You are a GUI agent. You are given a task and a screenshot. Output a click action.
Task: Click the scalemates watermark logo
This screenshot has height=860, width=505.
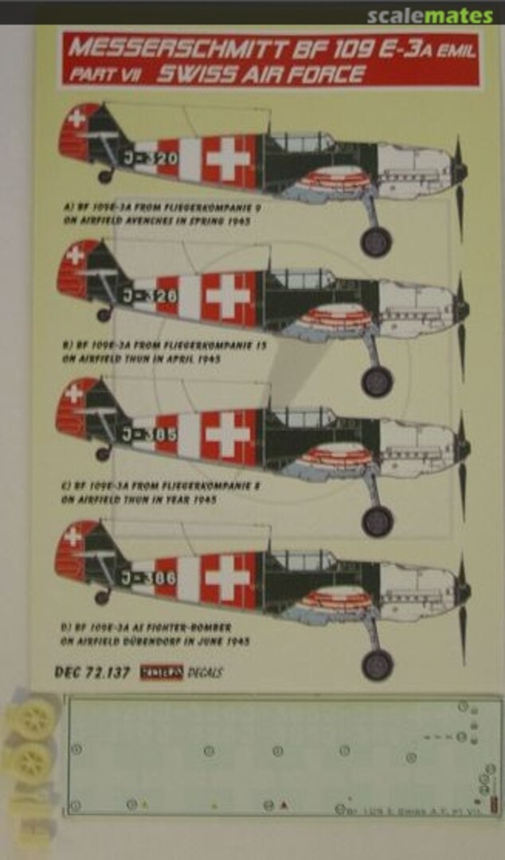(430, 16)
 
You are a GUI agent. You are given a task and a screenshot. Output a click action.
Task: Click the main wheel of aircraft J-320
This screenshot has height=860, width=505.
(375, 241)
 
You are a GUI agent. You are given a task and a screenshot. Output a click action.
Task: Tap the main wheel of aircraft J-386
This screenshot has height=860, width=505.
(378, 664)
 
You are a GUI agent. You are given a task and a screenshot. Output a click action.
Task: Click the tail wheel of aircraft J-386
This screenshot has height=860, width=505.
(102, 596)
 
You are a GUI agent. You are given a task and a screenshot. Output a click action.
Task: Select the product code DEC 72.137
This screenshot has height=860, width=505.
(92, 671)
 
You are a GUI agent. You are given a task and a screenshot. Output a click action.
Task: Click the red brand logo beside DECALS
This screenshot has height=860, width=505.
(162, 671)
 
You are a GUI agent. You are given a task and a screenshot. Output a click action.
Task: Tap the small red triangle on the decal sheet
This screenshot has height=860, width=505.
(284, 805)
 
